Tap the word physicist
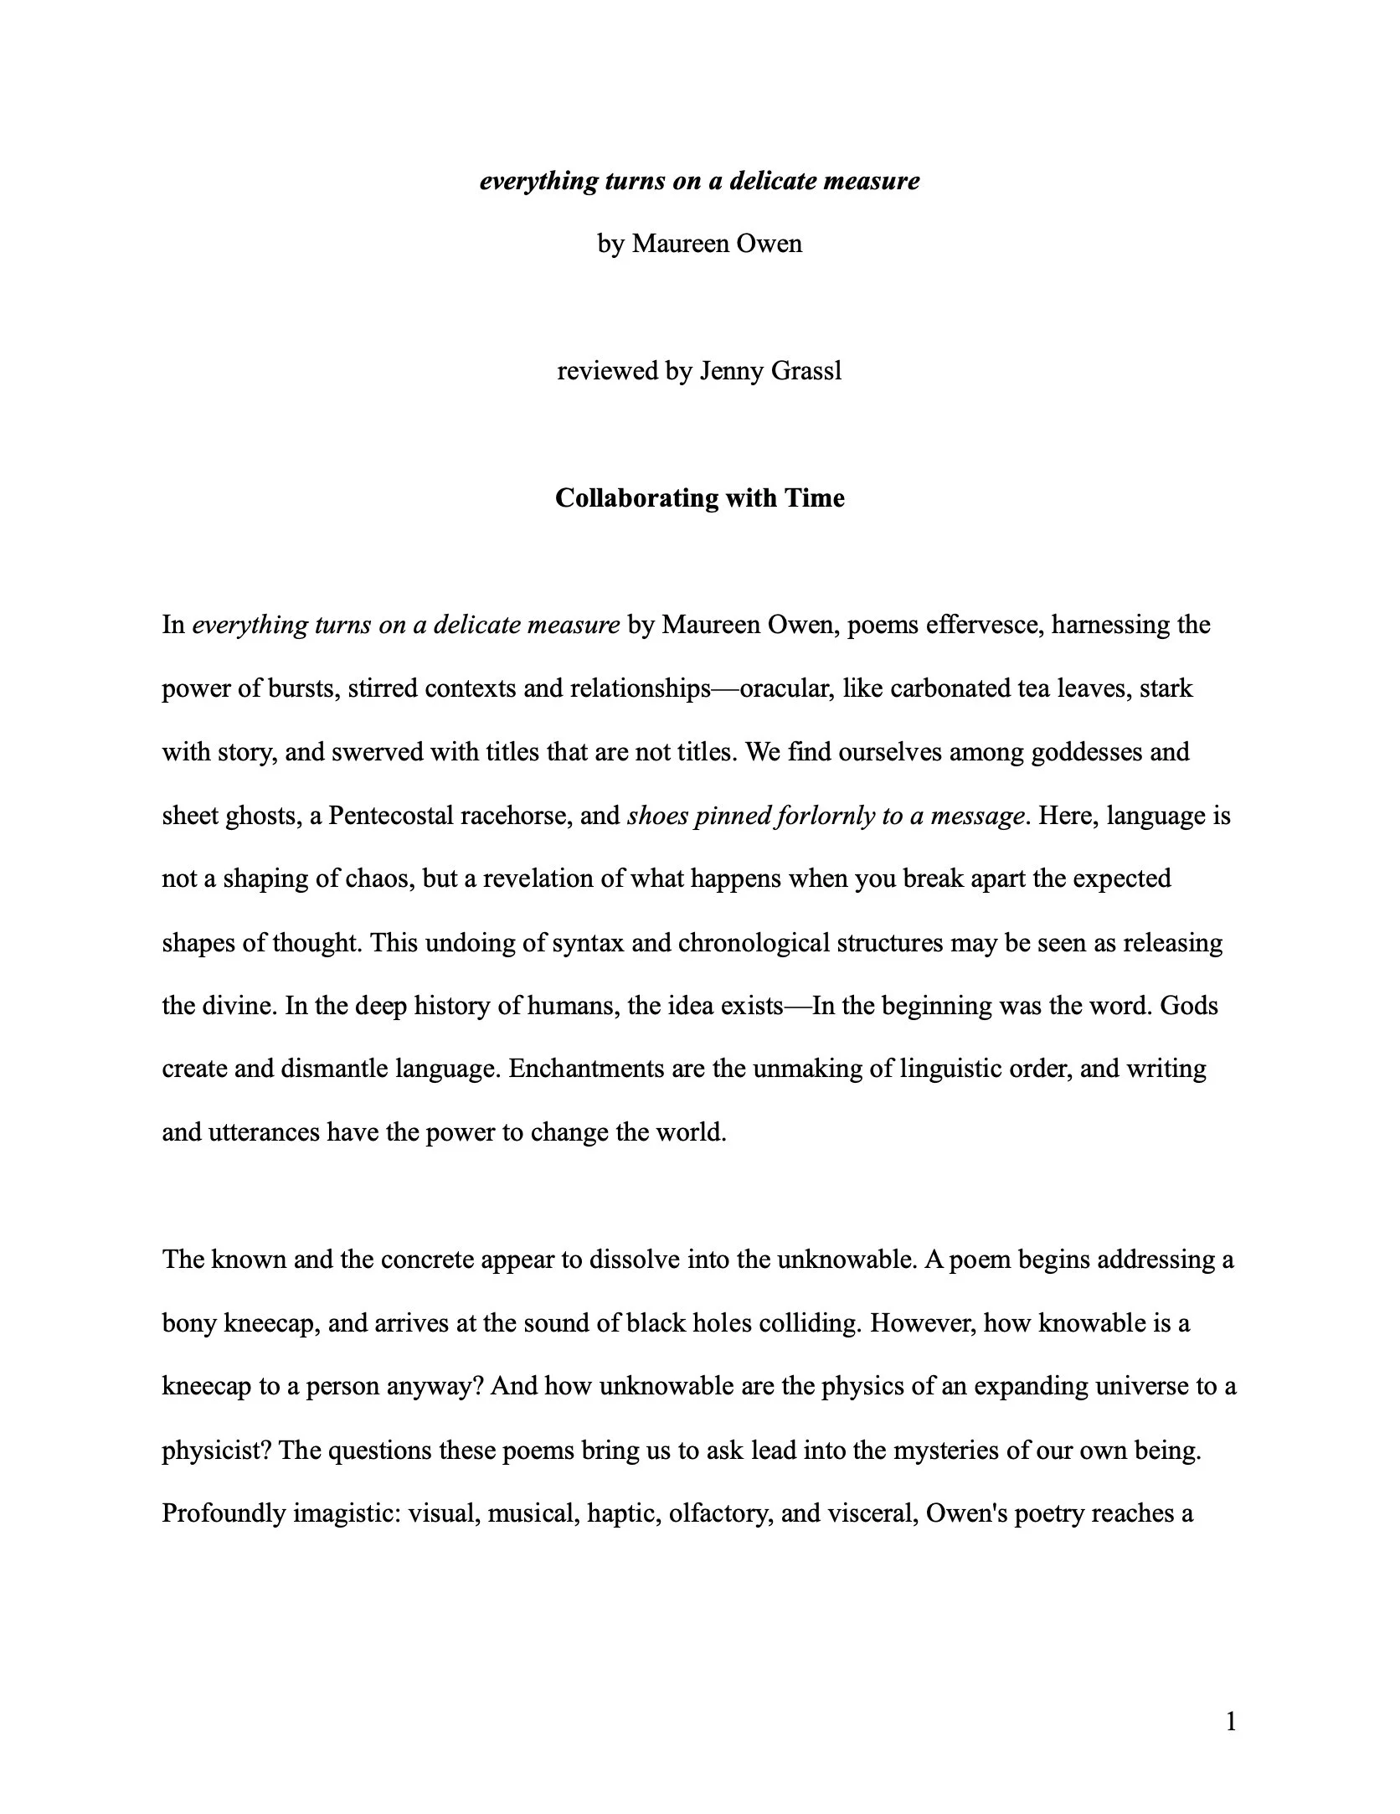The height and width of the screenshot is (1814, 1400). [x=215, y=1451]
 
